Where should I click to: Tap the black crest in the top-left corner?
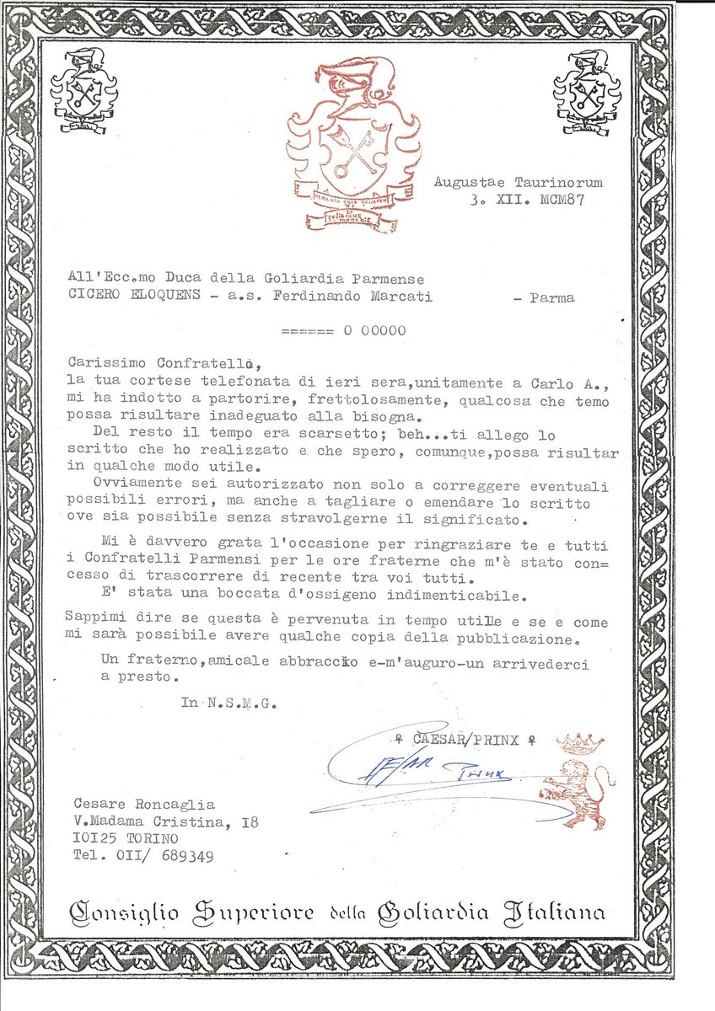pyautogui.click(x=84, y=90)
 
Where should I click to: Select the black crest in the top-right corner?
pyautogui.click(x=587, y=90)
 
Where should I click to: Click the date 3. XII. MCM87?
pyautogui.click(x=527, y=201)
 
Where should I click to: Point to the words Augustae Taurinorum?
pyautogui.click(x=519, y=182)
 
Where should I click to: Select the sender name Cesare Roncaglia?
pyautogui.click(x=144, y=805)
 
